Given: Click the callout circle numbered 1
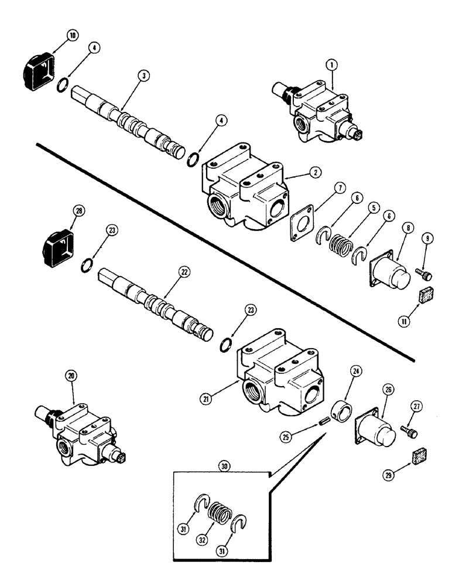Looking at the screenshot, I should tap(331, 67).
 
